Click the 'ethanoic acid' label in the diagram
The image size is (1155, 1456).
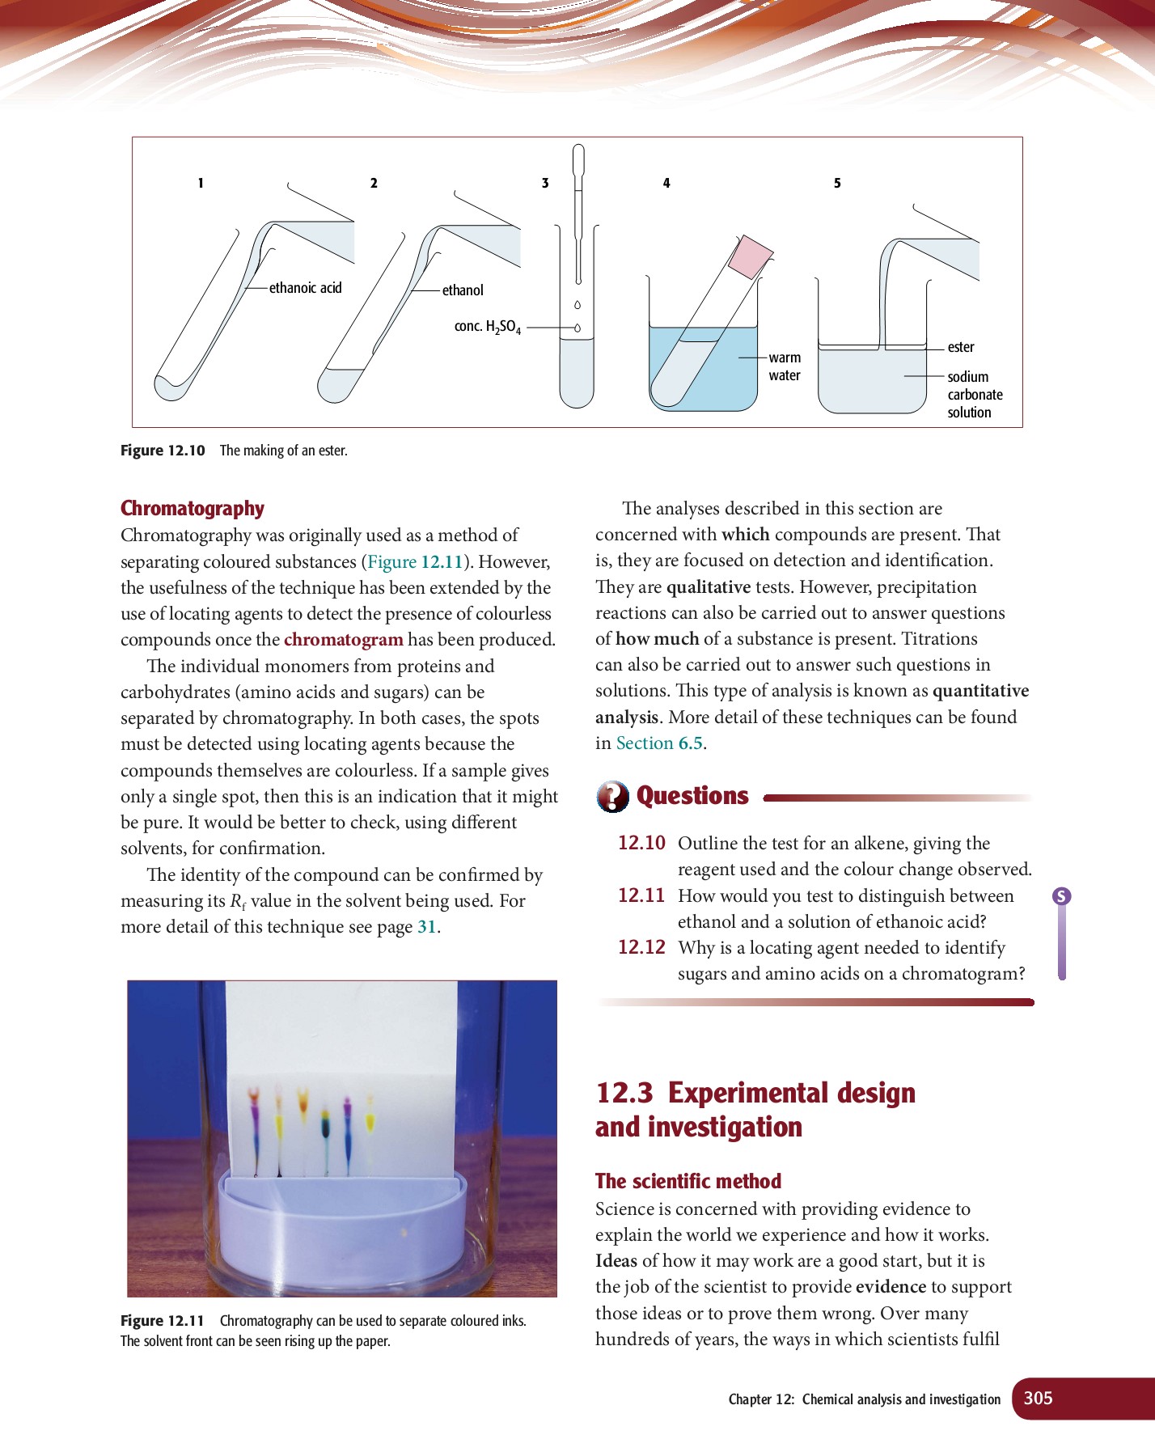[305, 288]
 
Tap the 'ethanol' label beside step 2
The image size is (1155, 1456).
[463, 290]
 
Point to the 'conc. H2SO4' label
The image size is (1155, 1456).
[487, 326]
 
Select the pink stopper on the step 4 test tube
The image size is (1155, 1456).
[751, 256]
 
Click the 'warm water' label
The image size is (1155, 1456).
[785, 366]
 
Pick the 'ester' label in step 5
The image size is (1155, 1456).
[961, 347]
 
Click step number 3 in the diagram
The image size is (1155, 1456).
[545, 184]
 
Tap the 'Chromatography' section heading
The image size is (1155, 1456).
[192, 508]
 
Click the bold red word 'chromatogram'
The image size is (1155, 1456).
[343, 640]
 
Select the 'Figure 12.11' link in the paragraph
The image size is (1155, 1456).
[415, 562]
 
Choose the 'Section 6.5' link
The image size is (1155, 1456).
[659, 743]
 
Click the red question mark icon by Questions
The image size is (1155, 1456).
[613, 796]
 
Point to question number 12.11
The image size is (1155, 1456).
[641, 895]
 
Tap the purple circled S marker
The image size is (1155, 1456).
[1061, 895]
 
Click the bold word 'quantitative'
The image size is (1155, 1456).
[980, 691]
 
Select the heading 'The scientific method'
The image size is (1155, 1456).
[688, 1181]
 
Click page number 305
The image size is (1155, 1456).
[1038, 1398]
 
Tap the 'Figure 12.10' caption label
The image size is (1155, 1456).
[163, 451]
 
